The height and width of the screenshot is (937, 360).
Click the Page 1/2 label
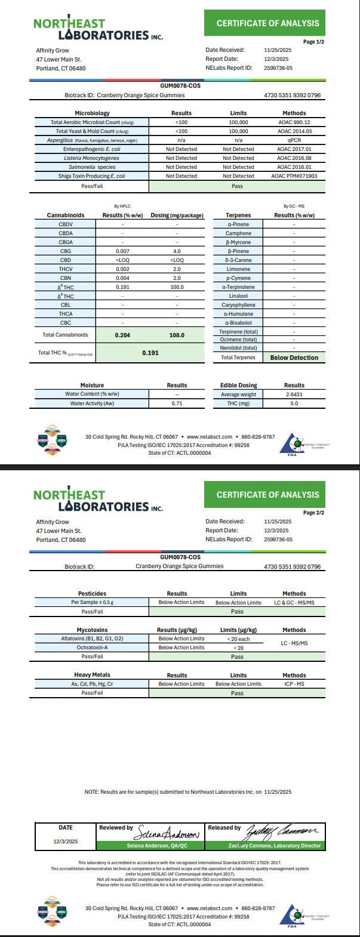pos(313,42)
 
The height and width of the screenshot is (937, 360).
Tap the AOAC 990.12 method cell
pos(294,122)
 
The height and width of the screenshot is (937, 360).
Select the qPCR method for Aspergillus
pos(294,140)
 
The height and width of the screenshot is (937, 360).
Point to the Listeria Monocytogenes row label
pos(92,158)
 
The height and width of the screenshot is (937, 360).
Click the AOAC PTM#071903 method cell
pos(294,176)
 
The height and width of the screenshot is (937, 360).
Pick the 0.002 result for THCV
pos(122,269)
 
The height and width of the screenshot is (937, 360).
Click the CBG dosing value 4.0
pos(177,251)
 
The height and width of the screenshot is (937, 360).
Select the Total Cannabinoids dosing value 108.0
pos(177,335)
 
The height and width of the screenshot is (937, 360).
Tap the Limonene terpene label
pos(238,269)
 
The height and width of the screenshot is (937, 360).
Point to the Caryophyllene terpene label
pos(238,305)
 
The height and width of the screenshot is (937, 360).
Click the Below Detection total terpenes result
pos(294,357)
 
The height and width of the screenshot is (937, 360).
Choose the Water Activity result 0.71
pos(177,403)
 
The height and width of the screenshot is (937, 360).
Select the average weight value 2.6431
pos(294,394)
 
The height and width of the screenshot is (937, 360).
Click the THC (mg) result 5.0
pos(294,403)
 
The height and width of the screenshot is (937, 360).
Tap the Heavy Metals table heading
pos(92,675)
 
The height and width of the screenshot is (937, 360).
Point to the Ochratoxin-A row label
pos(92,648)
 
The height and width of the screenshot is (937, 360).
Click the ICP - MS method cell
pos(294,684)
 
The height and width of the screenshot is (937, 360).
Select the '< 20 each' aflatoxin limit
pos(238,639)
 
